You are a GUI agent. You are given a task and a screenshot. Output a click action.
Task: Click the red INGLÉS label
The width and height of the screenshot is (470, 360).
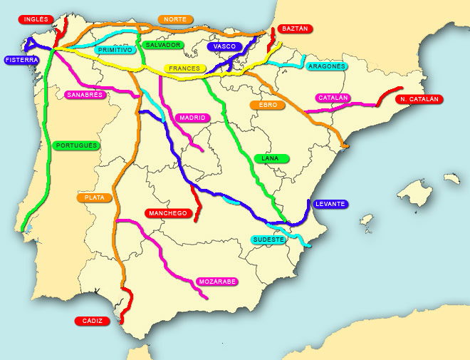coord(35,19)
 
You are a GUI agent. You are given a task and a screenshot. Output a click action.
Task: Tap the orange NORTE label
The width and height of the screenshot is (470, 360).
coord(174,19)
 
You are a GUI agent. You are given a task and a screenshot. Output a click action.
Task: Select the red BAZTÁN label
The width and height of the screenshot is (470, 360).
coord(295,29)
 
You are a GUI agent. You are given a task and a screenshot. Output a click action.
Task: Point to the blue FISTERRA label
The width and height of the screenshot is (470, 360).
coord(21,61)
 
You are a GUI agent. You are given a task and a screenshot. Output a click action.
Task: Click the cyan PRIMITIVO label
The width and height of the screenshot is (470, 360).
coord(116,50)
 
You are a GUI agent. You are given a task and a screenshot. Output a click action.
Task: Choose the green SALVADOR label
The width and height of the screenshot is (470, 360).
coord(163,45)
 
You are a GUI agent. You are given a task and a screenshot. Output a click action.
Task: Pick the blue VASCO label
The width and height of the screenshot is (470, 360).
coord(225,46)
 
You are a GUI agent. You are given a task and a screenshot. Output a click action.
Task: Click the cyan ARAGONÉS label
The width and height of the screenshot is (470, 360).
coord(327,66)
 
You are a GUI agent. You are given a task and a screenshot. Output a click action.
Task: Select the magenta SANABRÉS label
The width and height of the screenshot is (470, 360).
coord(85,95)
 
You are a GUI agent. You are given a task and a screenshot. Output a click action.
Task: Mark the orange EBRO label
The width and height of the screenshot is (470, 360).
coord(268,105)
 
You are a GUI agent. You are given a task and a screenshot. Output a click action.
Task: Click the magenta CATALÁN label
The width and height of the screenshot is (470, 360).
coord(333,98)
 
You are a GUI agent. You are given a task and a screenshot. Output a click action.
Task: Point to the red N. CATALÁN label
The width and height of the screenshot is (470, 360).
coord(419,99)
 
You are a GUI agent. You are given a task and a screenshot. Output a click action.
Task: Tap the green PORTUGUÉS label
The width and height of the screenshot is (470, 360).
coord(76,145)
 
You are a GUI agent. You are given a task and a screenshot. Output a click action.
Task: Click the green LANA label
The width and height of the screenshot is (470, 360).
coord(271,158)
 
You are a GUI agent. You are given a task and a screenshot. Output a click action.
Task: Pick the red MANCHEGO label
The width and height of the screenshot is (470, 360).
coord(167,213)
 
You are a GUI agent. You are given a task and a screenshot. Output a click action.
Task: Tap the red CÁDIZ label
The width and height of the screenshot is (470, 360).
coord(93,321)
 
